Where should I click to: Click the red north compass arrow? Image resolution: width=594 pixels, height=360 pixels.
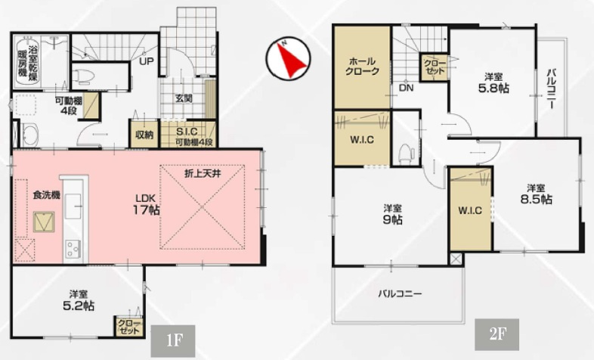(291, 60)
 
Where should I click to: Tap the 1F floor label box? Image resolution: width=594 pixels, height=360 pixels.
(173, 340)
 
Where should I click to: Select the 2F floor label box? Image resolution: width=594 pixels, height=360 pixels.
(497, 334)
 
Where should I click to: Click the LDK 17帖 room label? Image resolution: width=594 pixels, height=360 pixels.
(146, 204)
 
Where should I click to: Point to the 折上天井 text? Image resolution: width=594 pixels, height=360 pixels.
(203, 174)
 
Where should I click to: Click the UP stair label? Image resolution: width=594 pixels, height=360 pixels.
(147, 61)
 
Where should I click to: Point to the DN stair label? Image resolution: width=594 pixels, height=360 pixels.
(406, 88)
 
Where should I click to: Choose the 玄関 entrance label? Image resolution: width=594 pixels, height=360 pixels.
(184, 98)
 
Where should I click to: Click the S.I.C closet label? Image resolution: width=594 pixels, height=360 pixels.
(187, 132)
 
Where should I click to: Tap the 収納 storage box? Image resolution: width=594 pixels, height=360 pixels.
(144, 134)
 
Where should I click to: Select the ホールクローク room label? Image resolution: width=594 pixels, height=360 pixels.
(362, 66)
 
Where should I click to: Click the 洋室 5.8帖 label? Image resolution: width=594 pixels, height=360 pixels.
(493, 83)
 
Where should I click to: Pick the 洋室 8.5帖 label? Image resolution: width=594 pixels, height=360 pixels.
(536, 194)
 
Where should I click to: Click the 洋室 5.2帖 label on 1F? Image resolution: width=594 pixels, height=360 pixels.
(79, 300)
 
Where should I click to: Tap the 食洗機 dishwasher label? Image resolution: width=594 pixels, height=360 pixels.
(47, 195)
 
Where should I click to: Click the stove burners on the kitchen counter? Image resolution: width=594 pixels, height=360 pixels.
(73, 249)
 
